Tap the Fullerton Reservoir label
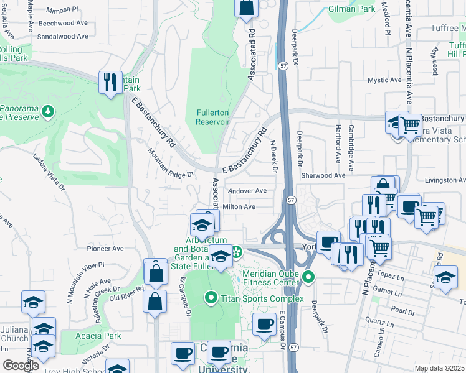click(213, 117)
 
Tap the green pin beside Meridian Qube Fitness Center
click(308, 277)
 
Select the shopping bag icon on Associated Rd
click(247, 7)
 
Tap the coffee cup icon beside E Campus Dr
click(265, 324)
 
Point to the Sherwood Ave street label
click(323, 176)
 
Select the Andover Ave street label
click(247, 191)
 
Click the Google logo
click(21, 366)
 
